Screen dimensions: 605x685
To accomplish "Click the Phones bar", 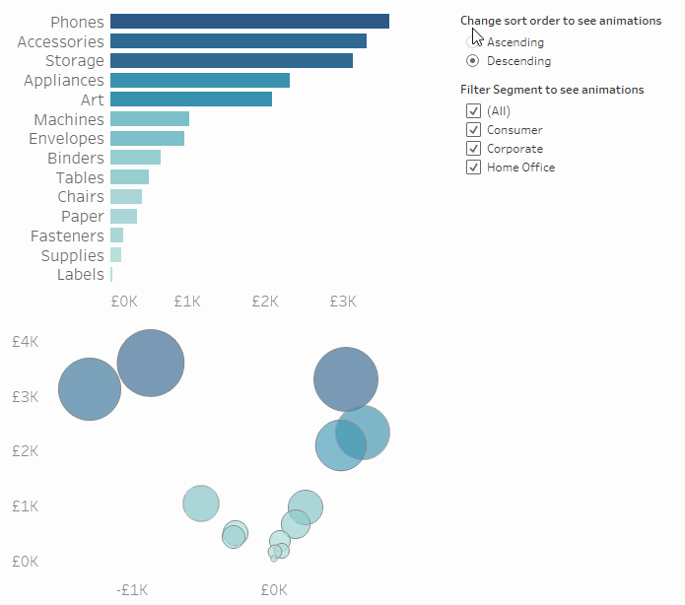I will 249,22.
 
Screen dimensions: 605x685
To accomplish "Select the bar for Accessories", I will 238,41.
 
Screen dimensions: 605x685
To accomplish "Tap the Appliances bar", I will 199,80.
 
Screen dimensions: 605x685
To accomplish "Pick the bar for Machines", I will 149,119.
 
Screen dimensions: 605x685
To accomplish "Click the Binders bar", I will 135,158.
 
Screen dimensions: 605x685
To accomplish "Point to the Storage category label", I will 75,61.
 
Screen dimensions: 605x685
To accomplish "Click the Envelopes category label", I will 66,139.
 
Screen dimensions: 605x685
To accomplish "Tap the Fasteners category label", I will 67,236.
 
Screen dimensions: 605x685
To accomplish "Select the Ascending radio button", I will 473,42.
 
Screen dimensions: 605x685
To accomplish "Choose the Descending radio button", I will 473,61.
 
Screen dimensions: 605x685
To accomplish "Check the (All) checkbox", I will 473,111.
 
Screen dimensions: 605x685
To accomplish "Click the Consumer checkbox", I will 473,130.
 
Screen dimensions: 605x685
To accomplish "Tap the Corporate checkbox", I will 473,149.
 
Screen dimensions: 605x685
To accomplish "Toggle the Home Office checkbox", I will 473,168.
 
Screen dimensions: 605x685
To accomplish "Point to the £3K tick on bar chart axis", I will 342,301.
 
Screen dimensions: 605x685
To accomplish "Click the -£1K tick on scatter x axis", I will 132,590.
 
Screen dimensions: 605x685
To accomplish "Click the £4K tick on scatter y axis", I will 25,342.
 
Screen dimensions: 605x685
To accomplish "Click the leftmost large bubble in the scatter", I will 90,389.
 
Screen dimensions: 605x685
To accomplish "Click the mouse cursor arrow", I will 476,35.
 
